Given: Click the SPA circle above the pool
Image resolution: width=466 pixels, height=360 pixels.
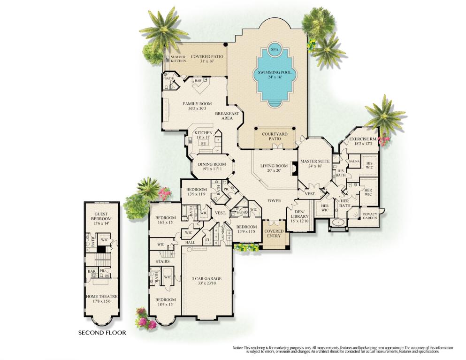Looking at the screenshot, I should [274, 48].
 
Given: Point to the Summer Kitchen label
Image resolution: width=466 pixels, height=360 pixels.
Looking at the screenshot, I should [178, 59].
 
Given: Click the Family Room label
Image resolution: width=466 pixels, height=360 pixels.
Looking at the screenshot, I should [197, 106].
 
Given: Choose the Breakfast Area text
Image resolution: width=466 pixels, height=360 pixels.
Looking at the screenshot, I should [227, 116].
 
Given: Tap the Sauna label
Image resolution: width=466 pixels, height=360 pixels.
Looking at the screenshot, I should [354, 161].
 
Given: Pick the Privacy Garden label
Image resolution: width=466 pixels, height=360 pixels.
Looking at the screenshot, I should [369, 216].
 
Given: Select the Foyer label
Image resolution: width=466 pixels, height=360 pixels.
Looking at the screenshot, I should [274, 201].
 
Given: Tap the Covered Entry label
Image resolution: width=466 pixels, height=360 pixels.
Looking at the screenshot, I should [274, 234].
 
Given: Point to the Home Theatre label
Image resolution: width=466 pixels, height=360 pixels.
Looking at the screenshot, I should [101, 299].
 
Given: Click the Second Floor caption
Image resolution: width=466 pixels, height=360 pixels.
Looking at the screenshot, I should [102, 333].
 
